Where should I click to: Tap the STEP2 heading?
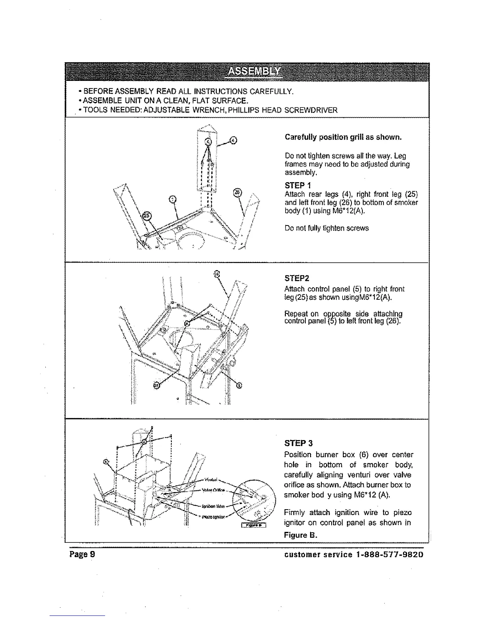point(298,278)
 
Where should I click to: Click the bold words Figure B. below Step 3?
point(301,535)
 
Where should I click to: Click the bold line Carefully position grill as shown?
point(343,138)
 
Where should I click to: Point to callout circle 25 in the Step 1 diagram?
point(146,216)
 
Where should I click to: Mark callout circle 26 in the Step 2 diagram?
point(218,274)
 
